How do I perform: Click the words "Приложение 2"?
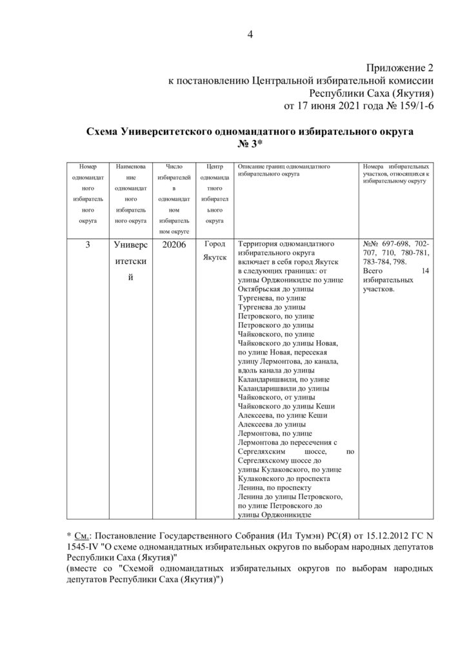(397, 68)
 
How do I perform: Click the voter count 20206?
(174, 245)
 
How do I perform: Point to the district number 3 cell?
(87, 245)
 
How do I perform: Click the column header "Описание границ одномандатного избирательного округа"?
(285, 171)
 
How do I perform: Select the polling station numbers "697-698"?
(399, 245)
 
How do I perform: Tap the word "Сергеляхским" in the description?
(266, 452)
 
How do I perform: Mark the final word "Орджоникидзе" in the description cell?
(275, 514)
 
